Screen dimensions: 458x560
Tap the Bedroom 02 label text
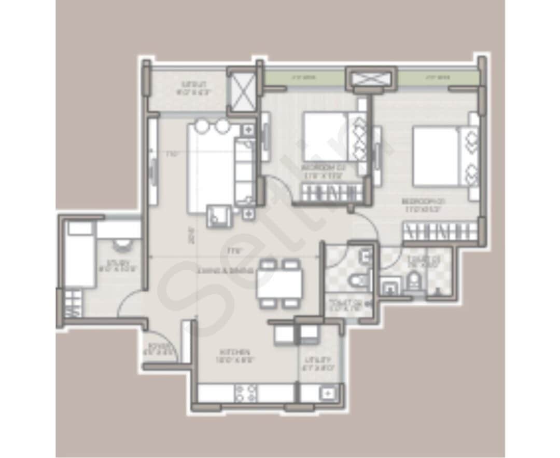[x=325, y=172]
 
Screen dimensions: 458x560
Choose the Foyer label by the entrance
[x=155, y=347]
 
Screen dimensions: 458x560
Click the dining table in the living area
[x=279, y=283]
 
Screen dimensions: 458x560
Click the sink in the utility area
[x=328, y=393]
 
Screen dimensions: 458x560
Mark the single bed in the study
[x=80, y=254]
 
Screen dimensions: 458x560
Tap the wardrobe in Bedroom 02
[x=332, y=194]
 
